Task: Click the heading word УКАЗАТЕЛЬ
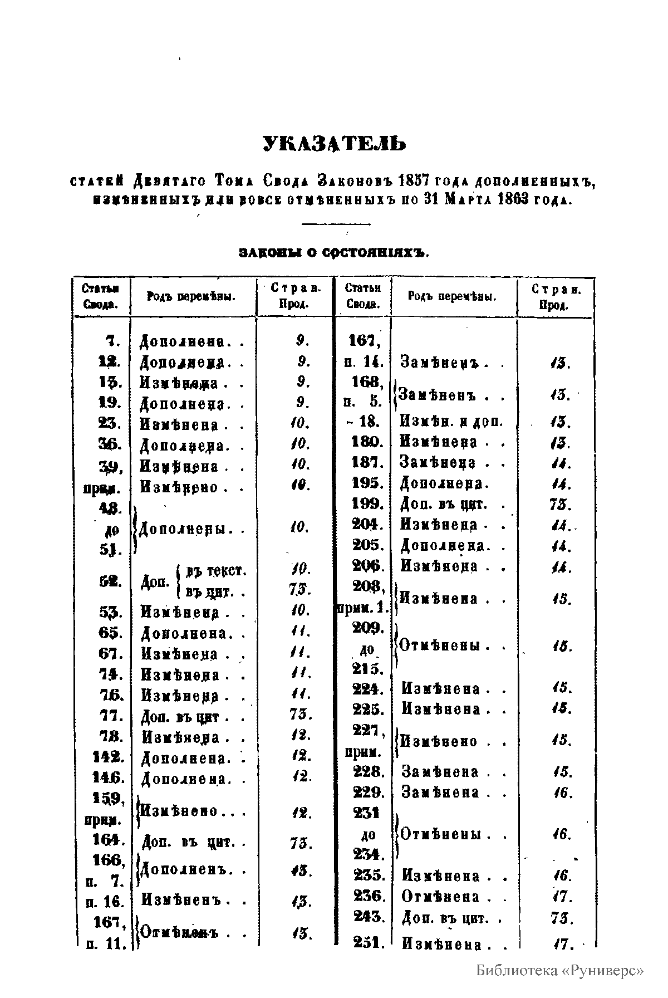[335, 144]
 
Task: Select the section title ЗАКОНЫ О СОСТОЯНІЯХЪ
[334, 253]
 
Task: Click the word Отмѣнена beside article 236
[440, 897]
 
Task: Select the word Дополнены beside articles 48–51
[185, 530]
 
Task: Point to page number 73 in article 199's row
[557, 505]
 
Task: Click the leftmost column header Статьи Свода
[101, 296]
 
